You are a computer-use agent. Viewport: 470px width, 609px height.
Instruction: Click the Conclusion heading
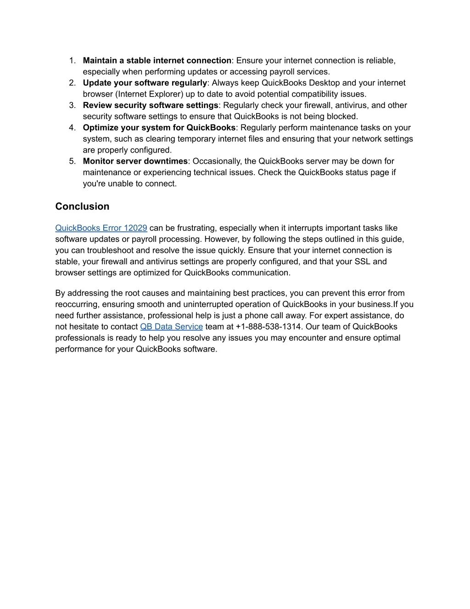[82, 206]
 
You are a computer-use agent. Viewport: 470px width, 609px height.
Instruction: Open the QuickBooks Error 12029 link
[101, 228]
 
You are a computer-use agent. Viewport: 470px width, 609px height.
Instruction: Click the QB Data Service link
[171, 327]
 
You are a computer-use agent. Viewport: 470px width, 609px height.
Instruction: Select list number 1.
[72, 61]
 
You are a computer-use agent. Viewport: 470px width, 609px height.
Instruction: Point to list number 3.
[72, 105]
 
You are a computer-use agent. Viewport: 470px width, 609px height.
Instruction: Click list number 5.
[72, 161]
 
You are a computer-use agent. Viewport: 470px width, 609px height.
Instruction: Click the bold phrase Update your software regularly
[145, 83]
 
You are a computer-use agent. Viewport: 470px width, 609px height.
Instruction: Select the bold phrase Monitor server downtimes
[135, 161]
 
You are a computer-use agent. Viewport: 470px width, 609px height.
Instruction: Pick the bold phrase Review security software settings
[151, 105]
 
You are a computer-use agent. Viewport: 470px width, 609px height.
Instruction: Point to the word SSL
[362, 262]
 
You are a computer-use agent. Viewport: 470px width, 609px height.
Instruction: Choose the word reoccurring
[77, 304]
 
